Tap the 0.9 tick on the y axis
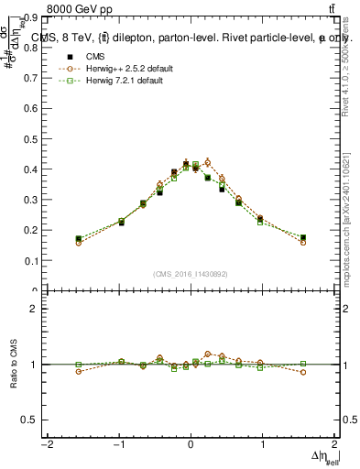(x=32, y=17)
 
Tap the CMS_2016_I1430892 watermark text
(x=190, y=274)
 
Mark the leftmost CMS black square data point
(x=79, y=239)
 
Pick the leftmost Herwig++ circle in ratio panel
(x=79, y=371)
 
